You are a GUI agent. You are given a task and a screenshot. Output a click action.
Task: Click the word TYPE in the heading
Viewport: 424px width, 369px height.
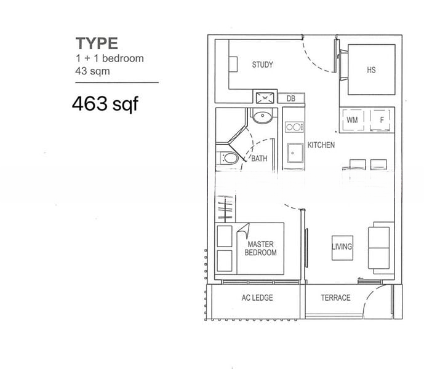click(x=97, y=44)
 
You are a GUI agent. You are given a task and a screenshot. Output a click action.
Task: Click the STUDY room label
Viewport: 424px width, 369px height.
click(x=262, y=65)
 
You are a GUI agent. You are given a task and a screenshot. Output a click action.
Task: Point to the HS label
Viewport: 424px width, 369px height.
click(x=371, y=70)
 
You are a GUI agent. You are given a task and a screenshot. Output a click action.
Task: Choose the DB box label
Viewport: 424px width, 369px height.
click(x=291, y=98)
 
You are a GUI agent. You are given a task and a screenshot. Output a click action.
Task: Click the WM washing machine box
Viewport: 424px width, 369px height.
click(x=352, y=121)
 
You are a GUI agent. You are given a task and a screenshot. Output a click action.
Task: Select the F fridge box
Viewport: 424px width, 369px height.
click(x=382, y=121)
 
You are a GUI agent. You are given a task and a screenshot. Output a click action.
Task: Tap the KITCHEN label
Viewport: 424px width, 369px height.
click(x=321, y=145)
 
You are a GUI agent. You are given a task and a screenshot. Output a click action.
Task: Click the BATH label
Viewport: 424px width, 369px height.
click(x=259, y=159)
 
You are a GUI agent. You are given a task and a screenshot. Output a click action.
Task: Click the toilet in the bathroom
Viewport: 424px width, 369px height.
click(x=228, y=159)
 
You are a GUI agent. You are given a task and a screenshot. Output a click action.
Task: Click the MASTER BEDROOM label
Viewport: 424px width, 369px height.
click(x=260, y=248)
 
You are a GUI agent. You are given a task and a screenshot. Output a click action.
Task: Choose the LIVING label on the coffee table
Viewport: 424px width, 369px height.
click(x=342, y=247)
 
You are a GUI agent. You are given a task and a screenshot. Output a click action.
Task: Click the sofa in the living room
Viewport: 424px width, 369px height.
click(x=378, y=249)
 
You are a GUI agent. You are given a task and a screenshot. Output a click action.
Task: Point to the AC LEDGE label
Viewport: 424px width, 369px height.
click(x=256, y=298)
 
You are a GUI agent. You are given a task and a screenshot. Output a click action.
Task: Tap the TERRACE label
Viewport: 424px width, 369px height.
click(x=335, y=298)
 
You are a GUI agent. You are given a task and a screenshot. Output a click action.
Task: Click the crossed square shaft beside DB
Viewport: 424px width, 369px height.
click(x=266, y=98)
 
